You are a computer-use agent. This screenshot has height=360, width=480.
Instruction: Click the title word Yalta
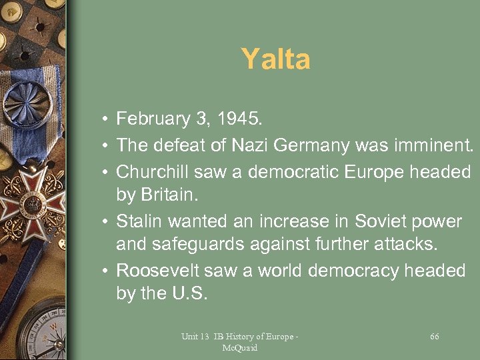(275, 59)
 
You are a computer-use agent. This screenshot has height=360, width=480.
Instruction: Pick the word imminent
(432, 145)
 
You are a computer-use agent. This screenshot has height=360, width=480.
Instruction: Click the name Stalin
(139, 221)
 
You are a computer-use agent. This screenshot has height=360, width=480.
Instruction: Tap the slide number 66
(435, 337)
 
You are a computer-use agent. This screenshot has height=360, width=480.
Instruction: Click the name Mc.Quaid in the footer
(239, 347)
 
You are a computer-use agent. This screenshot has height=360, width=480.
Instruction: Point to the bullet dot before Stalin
(106, 221)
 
